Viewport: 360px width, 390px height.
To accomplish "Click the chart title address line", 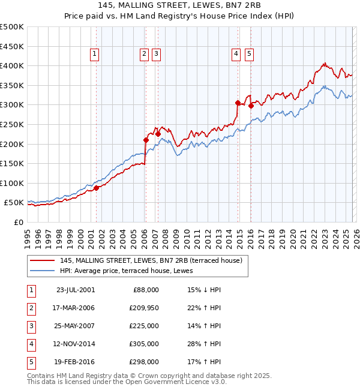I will (x=180, y=5).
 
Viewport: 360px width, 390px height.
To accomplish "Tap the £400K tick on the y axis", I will (x=12, y=65).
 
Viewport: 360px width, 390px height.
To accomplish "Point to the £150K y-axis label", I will (x=12, y=163).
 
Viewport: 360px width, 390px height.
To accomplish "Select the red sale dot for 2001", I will (x=97, y=188).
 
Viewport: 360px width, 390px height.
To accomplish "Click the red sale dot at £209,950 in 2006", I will (x=146, y=140).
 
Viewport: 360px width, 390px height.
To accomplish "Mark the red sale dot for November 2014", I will (x=238, y=103).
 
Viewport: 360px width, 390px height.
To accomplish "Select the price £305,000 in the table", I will (x=145, y=344).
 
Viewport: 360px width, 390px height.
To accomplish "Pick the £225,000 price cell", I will (x=145, y=326).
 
